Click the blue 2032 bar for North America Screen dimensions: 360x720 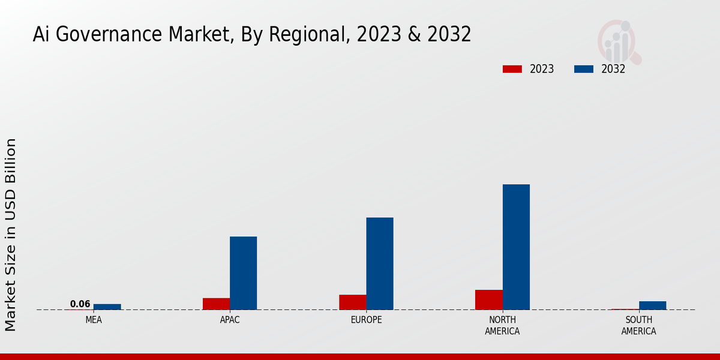coord(516,247)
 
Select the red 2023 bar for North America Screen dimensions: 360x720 coord(488,299)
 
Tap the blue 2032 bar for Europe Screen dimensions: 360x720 coord(380,263)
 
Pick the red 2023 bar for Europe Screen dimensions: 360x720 coord(352,302)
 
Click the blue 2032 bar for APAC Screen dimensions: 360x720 coord(243,273)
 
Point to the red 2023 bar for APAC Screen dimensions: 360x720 coord(216,304)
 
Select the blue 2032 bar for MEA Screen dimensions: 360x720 coord(107,307)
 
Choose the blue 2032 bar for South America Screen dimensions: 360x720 coord(652,305)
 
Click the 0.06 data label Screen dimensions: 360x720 coord(80,304)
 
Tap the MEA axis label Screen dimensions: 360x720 coord(94,320)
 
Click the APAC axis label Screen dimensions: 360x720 coord(230,320)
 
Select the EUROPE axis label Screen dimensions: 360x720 coord(366,320)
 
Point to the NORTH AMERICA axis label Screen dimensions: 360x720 coord(502,326)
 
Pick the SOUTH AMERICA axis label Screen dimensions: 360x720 coord(638,326)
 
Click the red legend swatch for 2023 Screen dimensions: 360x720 coord(512,69)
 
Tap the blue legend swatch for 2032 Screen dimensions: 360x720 coord(583,69)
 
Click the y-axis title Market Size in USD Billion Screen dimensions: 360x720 coord(11,234)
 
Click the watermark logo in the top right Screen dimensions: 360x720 coord(619,42)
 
